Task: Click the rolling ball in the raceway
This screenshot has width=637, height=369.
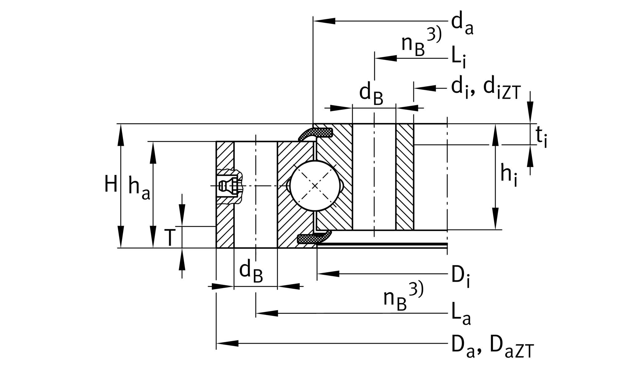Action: (x=315, y=186)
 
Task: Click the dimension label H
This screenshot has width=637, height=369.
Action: (x=110, y=184)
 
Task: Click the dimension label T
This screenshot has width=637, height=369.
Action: (x=170, y=238)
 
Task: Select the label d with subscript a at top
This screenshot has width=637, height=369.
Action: (x=462, y=25)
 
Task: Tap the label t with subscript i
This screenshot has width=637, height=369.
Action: (x=541, y=137)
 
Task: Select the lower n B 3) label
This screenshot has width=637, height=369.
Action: (x=403, y=297)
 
